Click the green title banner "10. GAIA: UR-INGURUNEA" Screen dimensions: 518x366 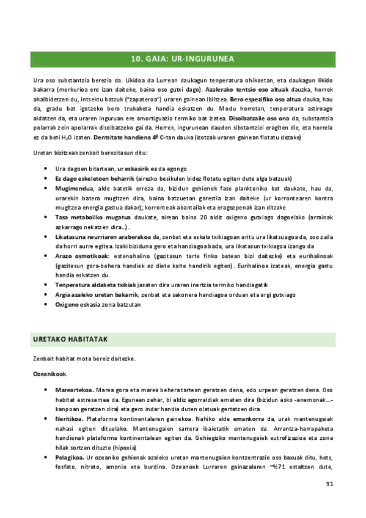coord(183,59)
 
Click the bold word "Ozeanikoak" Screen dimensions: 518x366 coord(49,373)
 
